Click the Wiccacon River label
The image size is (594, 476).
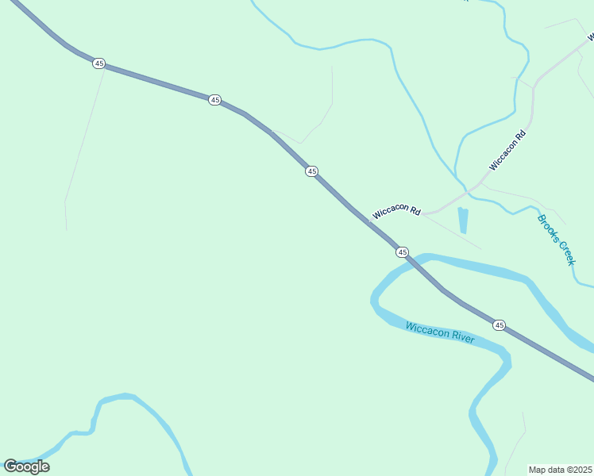coord(439,332)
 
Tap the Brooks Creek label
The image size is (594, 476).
coord(555,240)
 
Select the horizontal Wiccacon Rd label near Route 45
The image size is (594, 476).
coord(396,212)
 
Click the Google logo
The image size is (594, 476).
coord(26,466)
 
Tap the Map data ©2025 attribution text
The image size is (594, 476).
coord(560,470)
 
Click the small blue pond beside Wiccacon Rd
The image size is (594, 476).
coord(463,220)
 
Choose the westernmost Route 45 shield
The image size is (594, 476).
coord(98,63)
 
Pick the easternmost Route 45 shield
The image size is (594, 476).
coord(499,325)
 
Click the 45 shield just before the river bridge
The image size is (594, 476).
coord(402,252)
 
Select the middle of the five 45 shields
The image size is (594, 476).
coord(311,171)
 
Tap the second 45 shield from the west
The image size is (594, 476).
coord(214,99)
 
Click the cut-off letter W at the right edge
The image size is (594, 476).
coord(590,36)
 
